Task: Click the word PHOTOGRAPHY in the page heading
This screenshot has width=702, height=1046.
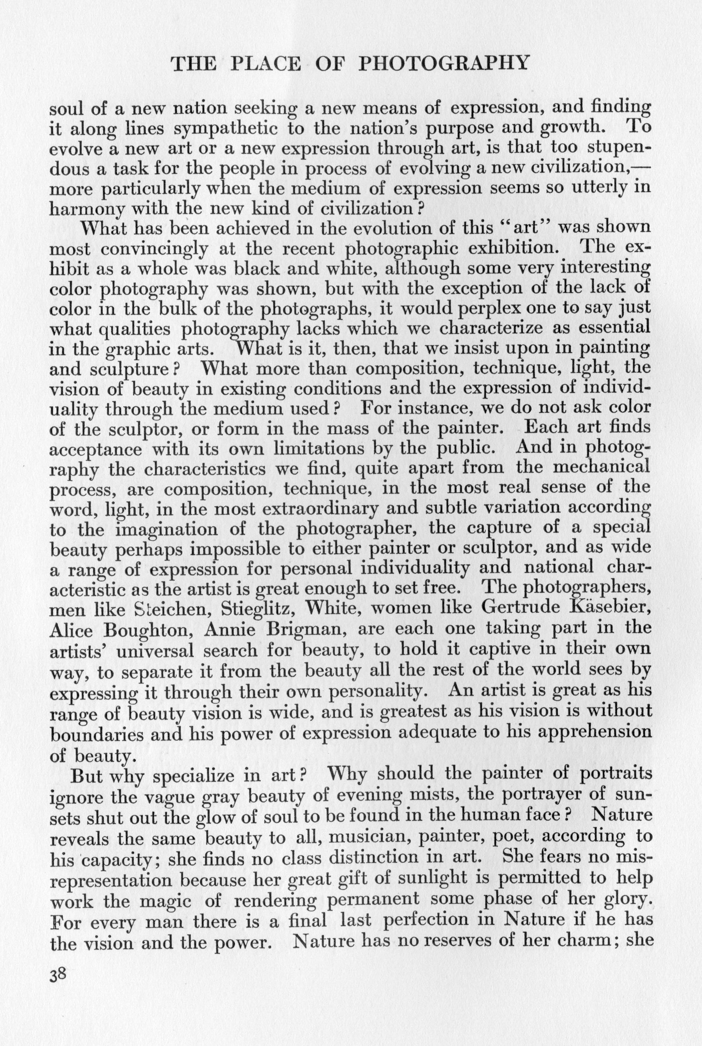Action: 444,63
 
